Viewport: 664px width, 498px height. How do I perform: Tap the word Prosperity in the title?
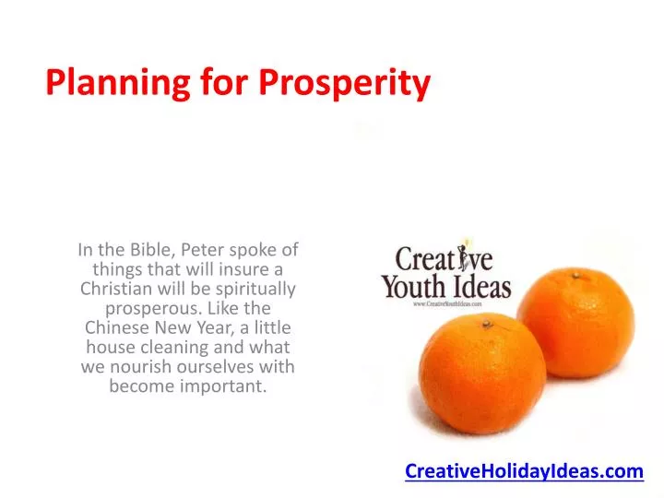coord(344,84)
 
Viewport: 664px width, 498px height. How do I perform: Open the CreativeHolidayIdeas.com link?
coord(524,471)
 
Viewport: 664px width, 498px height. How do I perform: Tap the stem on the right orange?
coord(575,274)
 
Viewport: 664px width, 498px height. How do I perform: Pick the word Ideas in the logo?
coord(478,289)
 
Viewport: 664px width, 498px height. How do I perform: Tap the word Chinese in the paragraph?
coord(114,327)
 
